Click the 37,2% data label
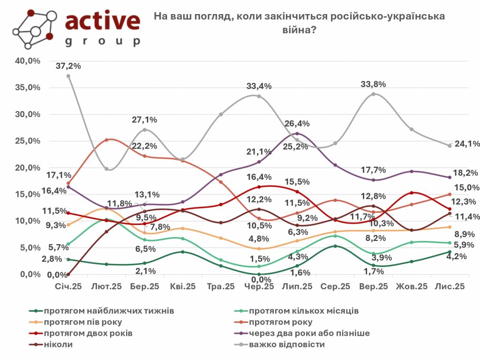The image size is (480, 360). coord(68,66)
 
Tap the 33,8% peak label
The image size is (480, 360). coord(373,84)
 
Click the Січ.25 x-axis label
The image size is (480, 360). coord(68,286)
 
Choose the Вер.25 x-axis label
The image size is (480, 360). coord(373,286)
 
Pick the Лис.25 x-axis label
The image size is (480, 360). coord(450,286)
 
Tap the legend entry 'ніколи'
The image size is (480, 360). coord(60,345)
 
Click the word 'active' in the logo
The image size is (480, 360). coord(103,21)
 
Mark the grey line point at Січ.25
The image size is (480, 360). coord(68,76)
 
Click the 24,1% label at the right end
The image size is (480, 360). coord(467,144)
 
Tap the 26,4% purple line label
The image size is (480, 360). coord(297,124)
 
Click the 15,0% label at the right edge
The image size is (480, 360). coord(467,187)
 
